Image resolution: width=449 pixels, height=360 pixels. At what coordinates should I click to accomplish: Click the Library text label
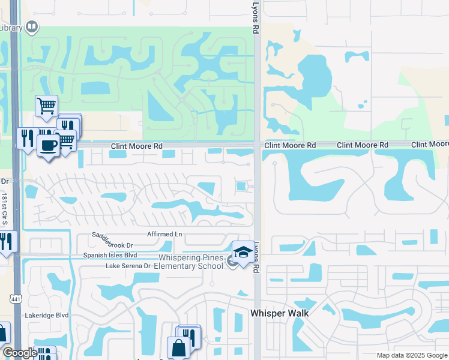11,28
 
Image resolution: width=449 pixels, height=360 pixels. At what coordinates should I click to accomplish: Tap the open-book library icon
32,27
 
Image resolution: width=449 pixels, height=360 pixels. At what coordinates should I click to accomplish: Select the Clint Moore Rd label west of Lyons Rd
137,146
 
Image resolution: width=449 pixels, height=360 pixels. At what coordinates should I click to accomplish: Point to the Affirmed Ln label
164,233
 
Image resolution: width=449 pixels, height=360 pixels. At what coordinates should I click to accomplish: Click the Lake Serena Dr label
128,266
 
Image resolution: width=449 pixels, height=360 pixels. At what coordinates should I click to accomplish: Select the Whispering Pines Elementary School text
190,262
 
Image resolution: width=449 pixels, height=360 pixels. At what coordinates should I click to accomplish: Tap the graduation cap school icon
243,252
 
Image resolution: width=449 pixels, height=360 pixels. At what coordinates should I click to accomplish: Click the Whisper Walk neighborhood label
279,313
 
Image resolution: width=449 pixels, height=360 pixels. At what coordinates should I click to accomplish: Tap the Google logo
20,353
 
